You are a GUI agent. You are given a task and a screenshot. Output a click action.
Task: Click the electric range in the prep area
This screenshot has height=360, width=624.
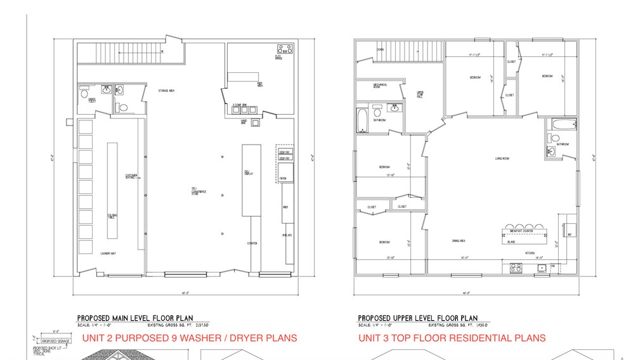click(x=283, y=49)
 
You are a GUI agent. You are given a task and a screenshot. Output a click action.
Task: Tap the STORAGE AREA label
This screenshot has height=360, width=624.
click(x=167, y=91)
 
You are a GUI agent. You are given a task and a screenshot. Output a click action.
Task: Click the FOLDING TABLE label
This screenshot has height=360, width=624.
click(x=112, y=216)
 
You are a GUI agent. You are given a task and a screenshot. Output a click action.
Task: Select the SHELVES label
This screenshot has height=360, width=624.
click(x=286, y=235)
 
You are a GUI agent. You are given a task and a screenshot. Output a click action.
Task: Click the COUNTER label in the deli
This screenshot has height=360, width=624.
click(x=252, y=243)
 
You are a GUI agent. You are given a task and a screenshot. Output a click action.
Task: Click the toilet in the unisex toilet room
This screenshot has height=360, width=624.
click(x=85, y=93)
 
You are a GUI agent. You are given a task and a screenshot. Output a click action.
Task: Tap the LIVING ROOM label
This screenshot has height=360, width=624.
click(x=503, y=158)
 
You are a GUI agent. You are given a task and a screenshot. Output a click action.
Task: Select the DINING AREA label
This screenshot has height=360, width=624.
click(x=459, y=241)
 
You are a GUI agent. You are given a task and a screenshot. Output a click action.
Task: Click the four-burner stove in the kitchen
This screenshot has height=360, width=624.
click(x=516, y=268)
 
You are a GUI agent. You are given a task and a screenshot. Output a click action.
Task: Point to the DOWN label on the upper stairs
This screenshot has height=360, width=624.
click(x=380, y=49)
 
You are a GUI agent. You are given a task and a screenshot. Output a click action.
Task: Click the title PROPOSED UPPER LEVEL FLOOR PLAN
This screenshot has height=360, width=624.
click(x=418, y=318)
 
